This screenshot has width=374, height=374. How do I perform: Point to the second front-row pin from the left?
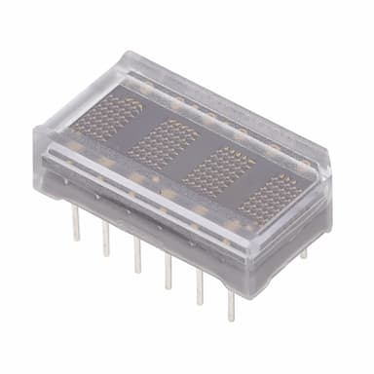(x=105, y=240)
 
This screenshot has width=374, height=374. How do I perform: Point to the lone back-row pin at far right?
(x=303, y=252)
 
